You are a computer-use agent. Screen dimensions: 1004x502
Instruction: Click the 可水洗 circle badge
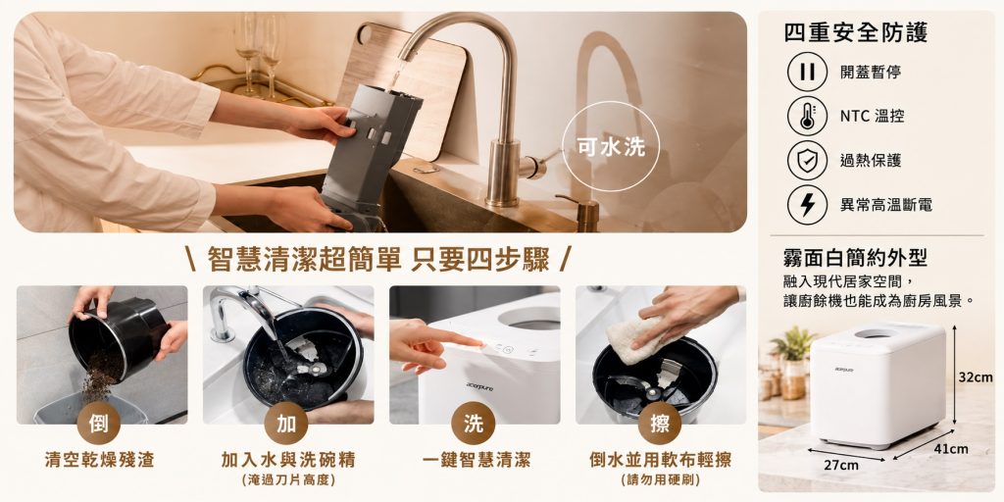tap(610, 147)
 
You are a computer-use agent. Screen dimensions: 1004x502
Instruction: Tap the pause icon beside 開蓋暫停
tap(807, 72)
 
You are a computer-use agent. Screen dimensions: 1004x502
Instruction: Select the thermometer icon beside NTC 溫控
tap(807, 116)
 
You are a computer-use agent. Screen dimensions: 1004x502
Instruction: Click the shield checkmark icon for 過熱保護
tap(807, 160)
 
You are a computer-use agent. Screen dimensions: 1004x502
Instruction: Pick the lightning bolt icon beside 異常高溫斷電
tap(807, 204)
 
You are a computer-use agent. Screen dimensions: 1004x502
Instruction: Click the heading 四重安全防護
tap(855, 32)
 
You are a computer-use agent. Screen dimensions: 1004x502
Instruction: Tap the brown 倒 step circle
tap(99, 424)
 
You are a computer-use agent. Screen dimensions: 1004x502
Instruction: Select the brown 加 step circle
tap(285, 424)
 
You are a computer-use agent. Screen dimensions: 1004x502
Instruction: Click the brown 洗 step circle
tap(474, 424)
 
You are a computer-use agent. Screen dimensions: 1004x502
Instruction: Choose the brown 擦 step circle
tap(660, 424)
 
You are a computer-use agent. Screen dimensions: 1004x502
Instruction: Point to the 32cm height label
tap(976, 377)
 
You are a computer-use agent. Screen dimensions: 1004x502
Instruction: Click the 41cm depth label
tap(951, 449)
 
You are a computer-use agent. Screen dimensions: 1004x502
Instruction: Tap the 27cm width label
tap(840, 466)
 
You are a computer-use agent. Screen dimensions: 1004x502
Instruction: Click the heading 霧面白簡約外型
tap(855, 258)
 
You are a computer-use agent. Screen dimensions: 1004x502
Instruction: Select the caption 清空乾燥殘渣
tap(99, 460)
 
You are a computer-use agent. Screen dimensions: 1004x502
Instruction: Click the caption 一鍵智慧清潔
tap(474, 460)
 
